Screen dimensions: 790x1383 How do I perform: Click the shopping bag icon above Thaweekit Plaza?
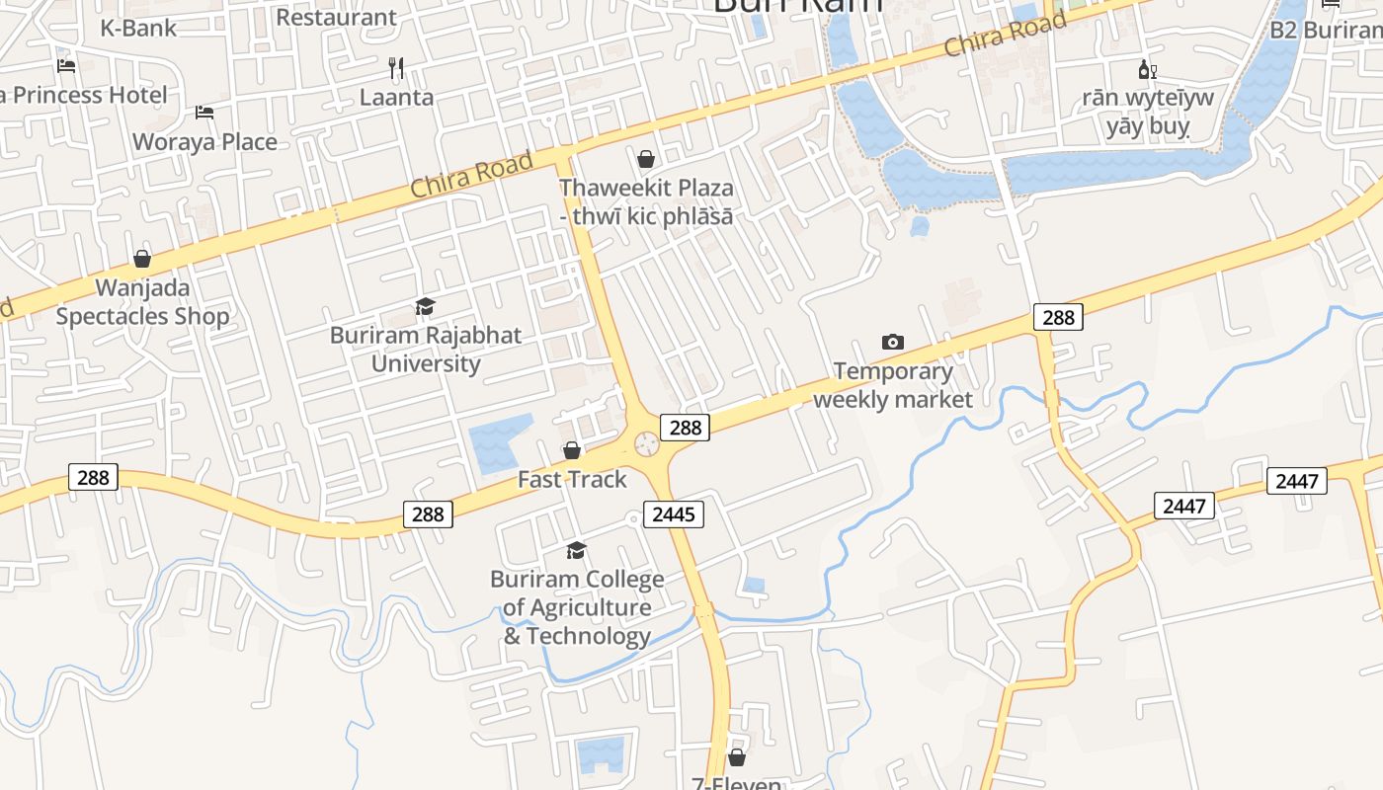tap(646, 159)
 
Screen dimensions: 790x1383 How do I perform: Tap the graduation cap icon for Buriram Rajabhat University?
tap(425, 307)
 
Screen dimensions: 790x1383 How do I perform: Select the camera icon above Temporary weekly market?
tap(892, 342)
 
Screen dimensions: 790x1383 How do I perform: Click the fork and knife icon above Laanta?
tap(396, 68)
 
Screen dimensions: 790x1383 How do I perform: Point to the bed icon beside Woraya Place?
tap(204, 112)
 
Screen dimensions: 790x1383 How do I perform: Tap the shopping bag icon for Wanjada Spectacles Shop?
tap(142, 259)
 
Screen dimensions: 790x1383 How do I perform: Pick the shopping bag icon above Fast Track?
tap(572, 451)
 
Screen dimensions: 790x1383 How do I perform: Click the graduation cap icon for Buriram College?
tap(576, 550)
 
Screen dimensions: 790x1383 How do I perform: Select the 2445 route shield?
tap(675, 513)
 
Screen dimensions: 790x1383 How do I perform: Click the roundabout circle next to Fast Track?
tap(647, 444)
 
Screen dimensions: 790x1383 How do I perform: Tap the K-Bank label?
tap(138, 28)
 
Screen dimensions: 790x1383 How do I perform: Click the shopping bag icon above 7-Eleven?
tap(736, 757)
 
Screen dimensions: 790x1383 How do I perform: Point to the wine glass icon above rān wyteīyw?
tap(1147, 69)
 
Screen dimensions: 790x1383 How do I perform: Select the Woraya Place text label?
tap(204, 141)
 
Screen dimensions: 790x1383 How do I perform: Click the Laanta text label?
tap(396, 97)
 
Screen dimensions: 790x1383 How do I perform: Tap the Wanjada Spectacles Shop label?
tap(142, 302)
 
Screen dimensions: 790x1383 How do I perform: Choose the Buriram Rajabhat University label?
tap(426, 350)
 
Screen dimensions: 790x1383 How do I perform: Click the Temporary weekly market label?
tap(893, 385)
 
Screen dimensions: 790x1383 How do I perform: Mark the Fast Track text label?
tap(572, 480)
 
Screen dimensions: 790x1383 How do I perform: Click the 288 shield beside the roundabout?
tap(685, 427)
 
